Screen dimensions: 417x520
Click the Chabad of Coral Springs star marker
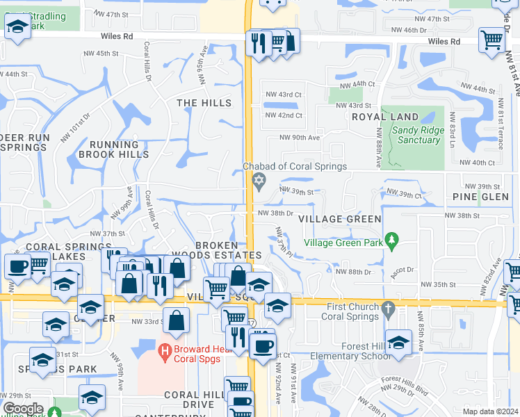coord(259,181)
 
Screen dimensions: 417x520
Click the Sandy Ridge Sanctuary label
coord(416,135)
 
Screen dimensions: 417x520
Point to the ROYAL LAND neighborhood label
coord(385,117)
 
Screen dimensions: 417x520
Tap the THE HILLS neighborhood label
coord(204,103)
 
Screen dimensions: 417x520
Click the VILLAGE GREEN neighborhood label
coord(339,219)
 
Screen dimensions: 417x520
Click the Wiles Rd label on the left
coord(116,35)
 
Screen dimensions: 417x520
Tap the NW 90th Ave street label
coord(300,138)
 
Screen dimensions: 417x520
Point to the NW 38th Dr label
coord(276,213)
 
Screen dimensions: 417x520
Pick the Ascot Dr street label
coord(403,270)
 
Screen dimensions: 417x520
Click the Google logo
coord(23,409)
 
